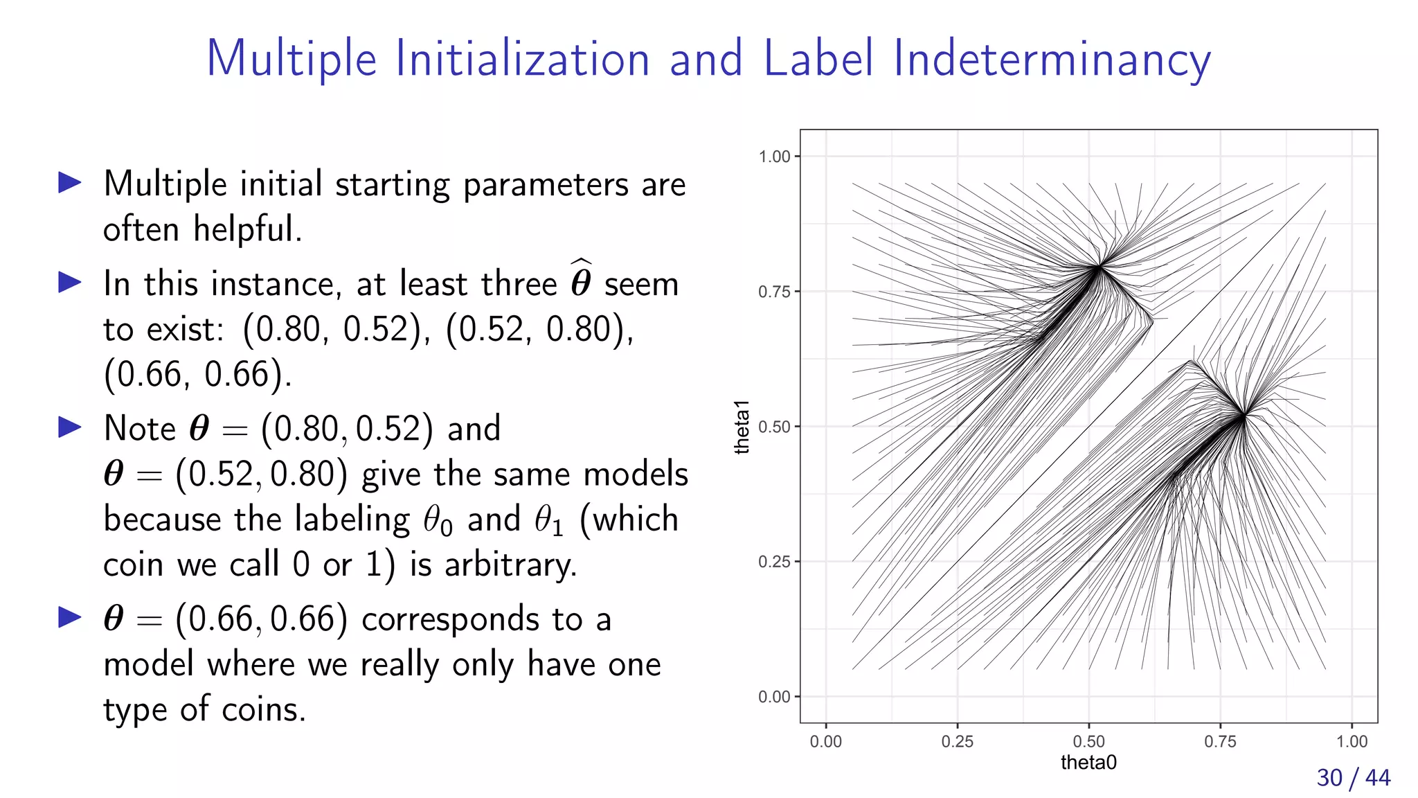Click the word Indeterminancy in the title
(1052, 59)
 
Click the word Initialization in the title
(522, 59)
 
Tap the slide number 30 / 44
(1353, 777)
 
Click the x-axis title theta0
(1088, 763)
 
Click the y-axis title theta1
(742, 427)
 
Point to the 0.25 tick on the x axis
(957, 741)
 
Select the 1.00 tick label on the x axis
(1351, 741)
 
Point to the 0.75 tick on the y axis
(774, 292)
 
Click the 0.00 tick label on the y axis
(774, 697)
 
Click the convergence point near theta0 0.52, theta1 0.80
(1100, 266)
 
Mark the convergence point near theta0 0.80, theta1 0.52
(1244, 416)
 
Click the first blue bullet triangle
(70, 183)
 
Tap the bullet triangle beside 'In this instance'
(70, 283)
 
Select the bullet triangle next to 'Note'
(70, 427)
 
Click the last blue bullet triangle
(70, 617)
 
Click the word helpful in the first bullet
(246, 229)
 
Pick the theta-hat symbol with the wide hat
(581, 280)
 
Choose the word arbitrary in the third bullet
(510, 565)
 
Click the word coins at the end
(263, 709)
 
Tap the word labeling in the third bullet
(352, 520)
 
